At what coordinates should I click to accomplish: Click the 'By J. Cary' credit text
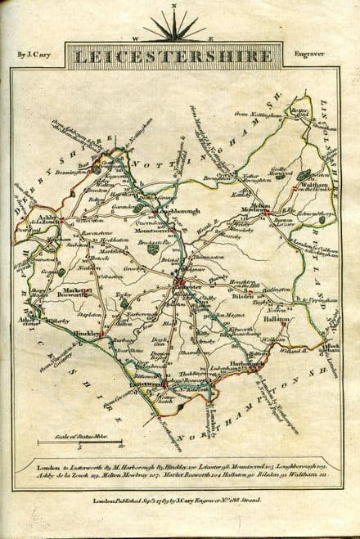click(x=34, y=55)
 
